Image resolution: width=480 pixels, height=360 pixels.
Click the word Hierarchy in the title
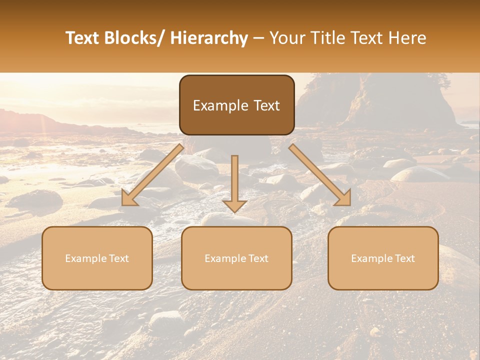(x=209, y=38)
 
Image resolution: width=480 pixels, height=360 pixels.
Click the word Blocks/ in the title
(x=135, y=38)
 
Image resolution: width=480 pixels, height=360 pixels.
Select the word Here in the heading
(x=407, y=38)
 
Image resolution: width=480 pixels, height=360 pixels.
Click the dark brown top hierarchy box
(x=236, y=105)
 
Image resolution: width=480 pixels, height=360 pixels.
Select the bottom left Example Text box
(x=97, y=258)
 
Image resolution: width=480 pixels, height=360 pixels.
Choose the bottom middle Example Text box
(x=236, y=258)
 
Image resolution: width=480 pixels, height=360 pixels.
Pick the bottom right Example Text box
(x=383, y=258)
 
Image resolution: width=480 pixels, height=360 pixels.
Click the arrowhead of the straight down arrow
(x=234, y=205)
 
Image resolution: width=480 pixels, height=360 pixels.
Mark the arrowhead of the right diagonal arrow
(x=343, y=198)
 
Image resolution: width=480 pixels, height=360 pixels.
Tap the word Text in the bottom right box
(x=404, y=258)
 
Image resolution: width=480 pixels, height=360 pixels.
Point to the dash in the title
(x=258, y=38)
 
